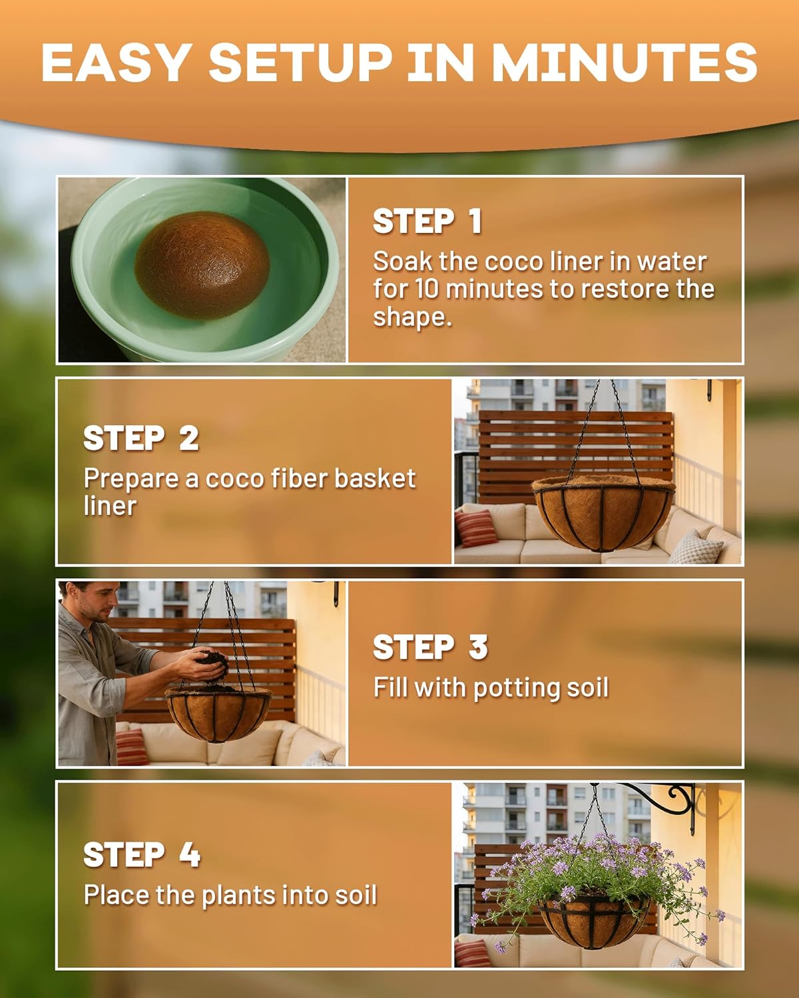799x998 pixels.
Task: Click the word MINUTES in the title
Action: (x=624, y=62)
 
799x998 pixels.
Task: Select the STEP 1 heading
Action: (x=427, y=221)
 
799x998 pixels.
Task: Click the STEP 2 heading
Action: (x=141, y=438)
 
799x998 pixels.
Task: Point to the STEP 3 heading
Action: (x=430, y=647)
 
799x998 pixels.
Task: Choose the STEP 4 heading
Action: (x=141, y=855)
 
